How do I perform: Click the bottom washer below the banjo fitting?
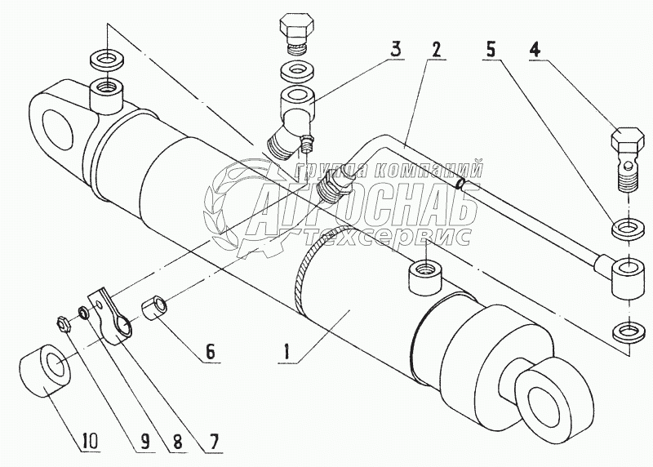(x=624, y=331)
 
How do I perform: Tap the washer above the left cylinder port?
(x=104, y=60)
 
